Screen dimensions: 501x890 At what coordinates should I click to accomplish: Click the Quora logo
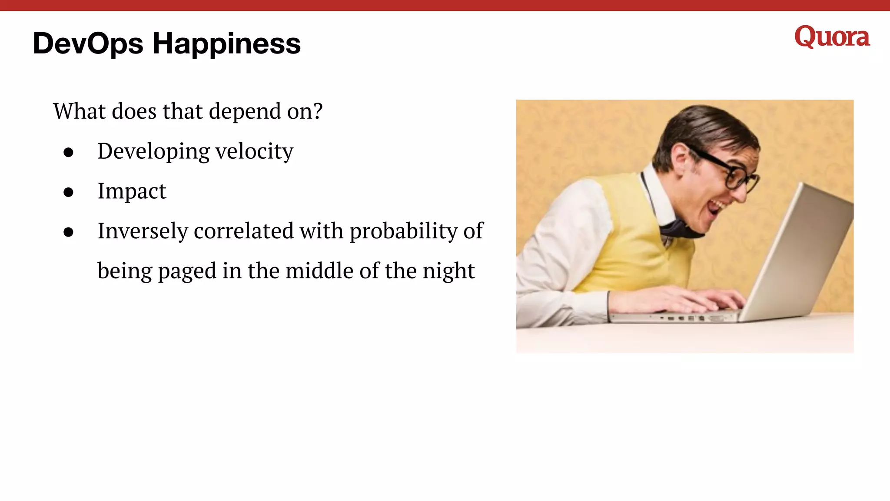tap(832, 37)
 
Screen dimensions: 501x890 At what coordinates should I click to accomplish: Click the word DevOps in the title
tap(88, 43)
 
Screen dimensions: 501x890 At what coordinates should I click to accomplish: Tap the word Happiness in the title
tap(226, 43)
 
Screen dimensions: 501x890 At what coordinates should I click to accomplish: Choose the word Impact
tap(132, 191)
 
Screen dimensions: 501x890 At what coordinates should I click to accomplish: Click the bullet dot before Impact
tap(68, 192)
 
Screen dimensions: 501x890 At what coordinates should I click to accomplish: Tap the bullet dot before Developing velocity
tap(68, 152)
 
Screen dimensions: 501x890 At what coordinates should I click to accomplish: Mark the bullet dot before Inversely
tap(68, 232)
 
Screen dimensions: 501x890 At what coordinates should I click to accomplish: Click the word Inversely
tap(143, 231)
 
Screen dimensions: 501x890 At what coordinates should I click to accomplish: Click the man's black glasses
tap(730, 172)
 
